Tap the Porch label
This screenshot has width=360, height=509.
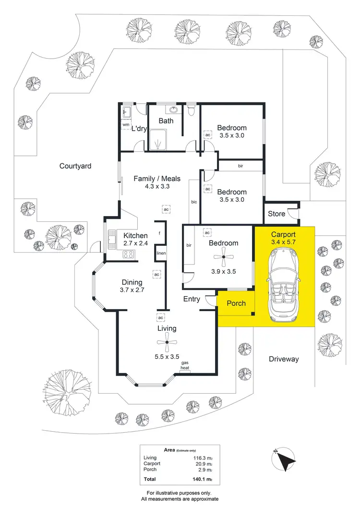[x=236, y=303]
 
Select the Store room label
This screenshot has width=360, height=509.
[x=276, y=214]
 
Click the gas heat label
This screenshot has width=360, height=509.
[x=184, y=365]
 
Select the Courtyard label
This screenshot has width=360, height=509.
[x=75, y=166]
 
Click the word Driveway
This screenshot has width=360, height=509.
[x=284, y=359]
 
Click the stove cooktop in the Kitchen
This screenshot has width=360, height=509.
[x=129, y=254]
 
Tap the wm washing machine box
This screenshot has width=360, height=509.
[x=126, y=125]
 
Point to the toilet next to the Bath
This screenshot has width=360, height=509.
[x=192, y=111]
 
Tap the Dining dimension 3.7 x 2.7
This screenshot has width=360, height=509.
[x=132, y=290]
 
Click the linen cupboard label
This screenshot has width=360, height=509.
[x=160, y=253]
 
